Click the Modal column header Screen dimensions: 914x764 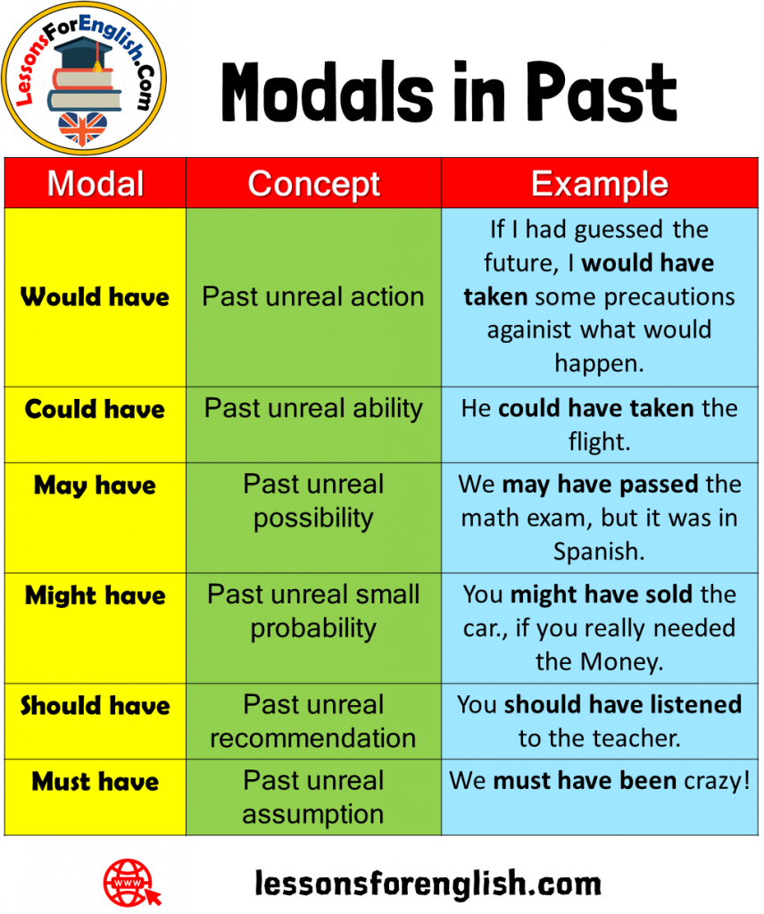coord(95,184)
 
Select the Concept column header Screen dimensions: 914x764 coord(313,184)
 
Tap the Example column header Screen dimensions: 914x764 coord(599,184)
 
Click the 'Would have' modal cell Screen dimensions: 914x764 coord(95,296)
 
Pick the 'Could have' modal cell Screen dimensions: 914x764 coord(95,410)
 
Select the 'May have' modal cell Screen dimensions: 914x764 coord(95,486)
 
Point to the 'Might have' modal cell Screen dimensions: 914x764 coord(95,595)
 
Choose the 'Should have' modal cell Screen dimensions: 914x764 coord(95,705)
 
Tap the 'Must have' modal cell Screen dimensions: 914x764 coord(95,782)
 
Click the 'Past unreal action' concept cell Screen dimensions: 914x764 coord(313,296)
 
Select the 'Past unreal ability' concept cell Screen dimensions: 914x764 coord(313,409)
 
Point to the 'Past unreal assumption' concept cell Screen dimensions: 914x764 coord(313,797)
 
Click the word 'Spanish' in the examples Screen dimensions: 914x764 coord(598,551)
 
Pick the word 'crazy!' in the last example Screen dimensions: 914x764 coord(718,781)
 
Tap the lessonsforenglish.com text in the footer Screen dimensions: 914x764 coord(428,884)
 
